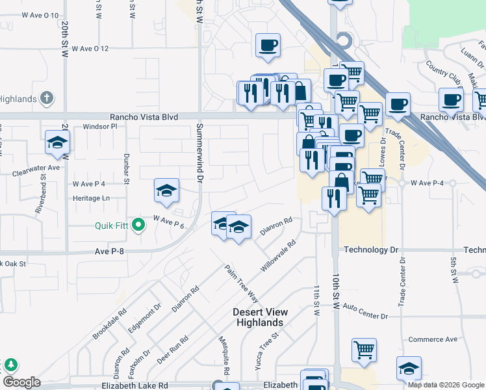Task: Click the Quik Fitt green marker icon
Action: coord(138,226)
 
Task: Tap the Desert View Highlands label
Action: coord(259,317)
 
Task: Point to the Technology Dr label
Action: coord(370,250)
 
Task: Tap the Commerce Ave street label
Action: coord(433,339)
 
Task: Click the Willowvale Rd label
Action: coord(279,256)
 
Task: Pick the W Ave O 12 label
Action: coord(90,49)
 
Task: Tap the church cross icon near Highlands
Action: coord(46,98)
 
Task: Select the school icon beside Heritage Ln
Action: coord(166,190)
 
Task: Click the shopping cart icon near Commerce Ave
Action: coord(364,350)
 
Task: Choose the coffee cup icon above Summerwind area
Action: coord(268,45)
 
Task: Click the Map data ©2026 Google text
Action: coord(446,385)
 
